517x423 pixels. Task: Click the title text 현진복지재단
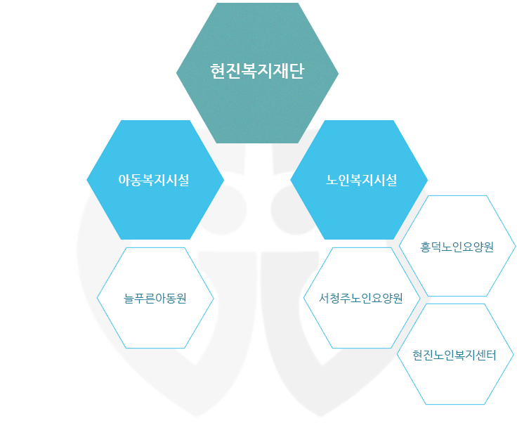257,71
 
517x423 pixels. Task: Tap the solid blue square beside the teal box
119,60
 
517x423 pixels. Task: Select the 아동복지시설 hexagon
155,179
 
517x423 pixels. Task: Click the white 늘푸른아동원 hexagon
155,297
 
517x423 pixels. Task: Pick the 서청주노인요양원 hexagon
360,297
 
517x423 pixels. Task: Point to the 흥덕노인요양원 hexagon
457,247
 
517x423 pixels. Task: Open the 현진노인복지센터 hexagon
454,356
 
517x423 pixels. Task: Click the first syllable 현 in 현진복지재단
218,71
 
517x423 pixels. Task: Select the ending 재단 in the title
289,71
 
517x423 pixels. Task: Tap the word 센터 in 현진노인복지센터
485,356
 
